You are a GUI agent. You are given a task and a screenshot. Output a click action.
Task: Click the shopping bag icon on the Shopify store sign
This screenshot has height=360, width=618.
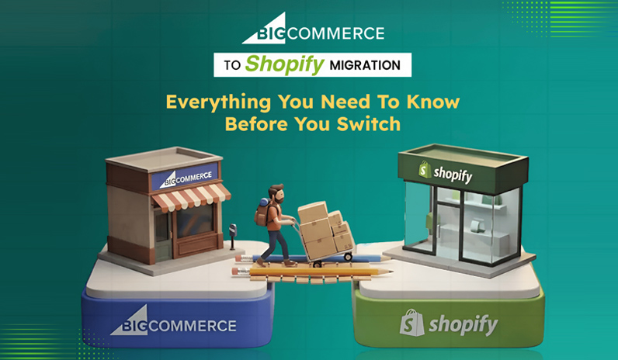424,169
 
